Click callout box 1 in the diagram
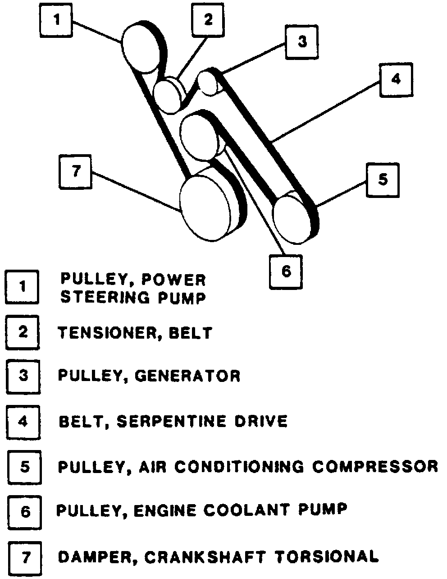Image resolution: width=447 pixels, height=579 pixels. (x=56, y=21)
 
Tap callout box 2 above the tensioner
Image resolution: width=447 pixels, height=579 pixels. (x=208, y=21)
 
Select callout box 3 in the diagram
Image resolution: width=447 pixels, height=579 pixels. (x=302, y=42)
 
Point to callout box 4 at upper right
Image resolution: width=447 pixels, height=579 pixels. (x=395, y=80)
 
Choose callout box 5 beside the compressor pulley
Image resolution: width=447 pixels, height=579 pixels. (x=383, y=179)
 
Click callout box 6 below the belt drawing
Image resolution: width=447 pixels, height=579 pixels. (x=286, y=272)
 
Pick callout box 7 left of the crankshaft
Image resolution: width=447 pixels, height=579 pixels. (x=75, y=171)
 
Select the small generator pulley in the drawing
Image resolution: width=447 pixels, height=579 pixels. (x=208, y=82)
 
